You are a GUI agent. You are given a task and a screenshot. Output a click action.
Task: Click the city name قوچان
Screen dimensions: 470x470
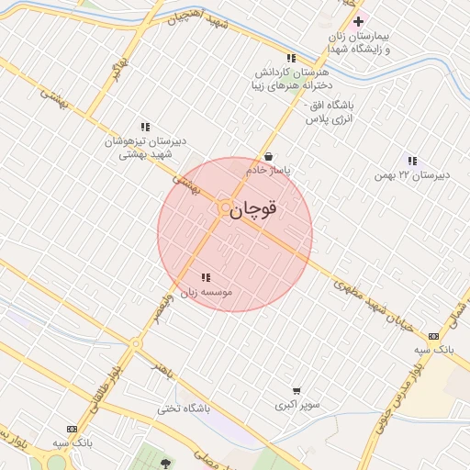tap(253, 210)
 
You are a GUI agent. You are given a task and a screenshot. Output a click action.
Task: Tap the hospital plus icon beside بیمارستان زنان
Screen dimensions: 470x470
tap(358, 21)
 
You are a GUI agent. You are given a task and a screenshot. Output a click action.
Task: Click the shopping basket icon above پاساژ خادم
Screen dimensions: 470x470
tap(268, 156)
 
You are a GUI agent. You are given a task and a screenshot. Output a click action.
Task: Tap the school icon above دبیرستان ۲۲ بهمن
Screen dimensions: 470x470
tap(412, 160)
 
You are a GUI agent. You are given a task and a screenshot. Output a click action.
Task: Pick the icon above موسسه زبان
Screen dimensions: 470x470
tap(206, 277)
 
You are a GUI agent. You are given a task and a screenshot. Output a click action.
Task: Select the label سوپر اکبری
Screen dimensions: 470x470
tap(297, 405)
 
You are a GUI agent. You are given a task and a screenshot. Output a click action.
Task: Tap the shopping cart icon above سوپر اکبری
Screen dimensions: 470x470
tap(297, 390)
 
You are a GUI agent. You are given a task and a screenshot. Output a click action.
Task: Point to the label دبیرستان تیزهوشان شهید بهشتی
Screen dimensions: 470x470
tap(145, 148)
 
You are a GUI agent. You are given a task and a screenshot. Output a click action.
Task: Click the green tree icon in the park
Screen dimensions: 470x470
tap(165, 464)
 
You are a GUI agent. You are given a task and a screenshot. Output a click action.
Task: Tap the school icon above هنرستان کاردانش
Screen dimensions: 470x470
tap(291, 58)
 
